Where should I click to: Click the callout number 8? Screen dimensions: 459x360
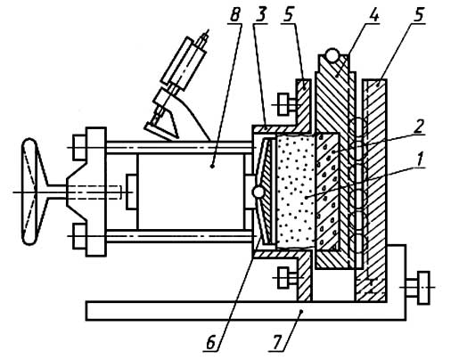point(234,15)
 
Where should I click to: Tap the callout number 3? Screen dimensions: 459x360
point(260,15)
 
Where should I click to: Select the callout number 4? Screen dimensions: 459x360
point(374,15)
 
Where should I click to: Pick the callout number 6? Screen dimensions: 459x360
point(210,343)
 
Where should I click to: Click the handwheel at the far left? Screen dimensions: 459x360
point(29,192)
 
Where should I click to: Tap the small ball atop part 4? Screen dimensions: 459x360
point(332,55)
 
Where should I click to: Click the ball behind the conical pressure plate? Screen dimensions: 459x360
point(258,192)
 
